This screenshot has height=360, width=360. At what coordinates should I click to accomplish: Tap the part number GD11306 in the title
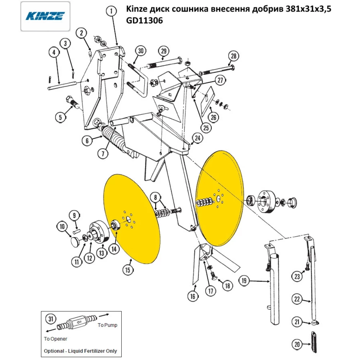pyautogui.click(x=144, y=21)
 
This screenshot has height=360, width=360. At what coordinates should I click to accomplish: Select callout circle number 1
pyautogui.click(x=112, y=12)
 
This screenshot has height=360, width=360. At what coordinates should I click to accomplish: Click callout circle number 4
pyautogui.click(x=54, y=53)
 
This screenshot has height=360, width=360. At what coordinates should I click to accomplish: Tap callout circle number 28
pyautogui.click(x=233, y=56)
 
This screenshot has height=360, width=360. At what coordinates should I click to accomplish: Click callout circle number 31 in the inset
pyautogui.click(x=51, y=319)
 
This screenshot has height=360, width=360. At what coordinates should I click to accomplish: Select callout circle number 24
pyautogui.click(x=197, y=138)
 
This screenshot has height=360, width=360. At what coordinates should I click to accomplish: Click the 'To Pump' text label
pyautogui.click(x=108, y=325)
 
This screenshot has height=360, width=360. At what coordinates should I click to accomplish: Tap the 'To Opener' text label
pyautogui.click(x=55, y=339)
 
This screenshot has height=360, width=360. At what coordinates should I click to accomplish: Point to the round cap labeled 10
pyautogui.click(x=75, y=241)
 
